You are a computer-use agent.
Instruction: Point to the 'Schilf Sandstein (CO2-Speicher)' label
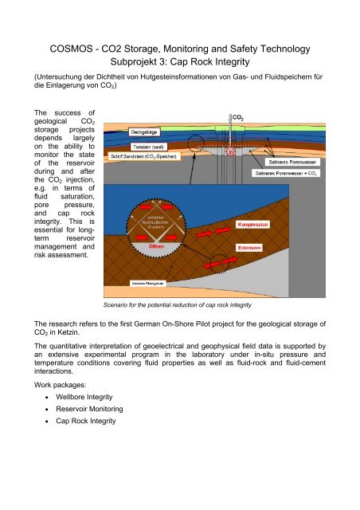point(142,179)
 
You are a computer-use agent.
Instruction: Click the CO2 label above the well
point(237,117)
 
